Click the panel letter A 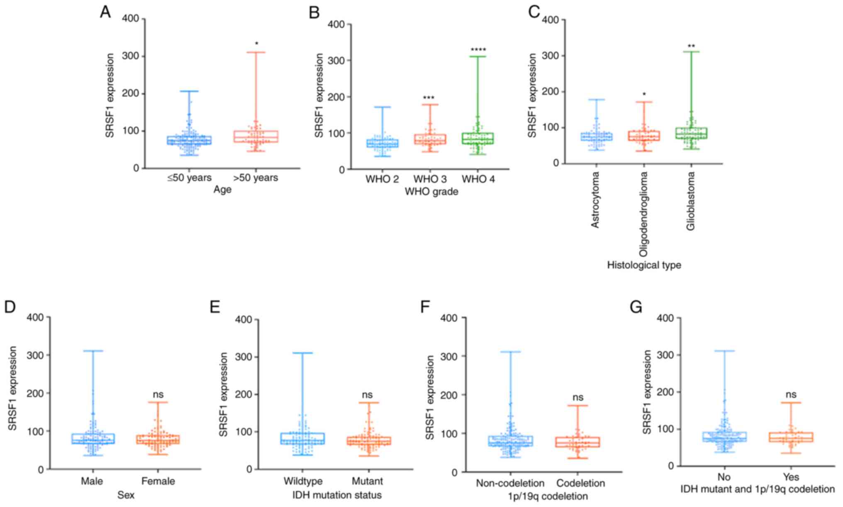(105, 12)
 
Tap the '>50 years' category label (256, 178)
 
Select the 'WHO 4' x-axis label (478, 179)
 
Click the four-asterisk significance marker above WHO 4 (478, 50)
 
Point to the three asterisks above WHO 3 (429, 98)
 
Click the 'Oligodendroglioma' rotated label (643, 214)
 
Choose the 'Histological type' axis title (644, 265)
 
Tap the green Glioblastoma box (692, 133)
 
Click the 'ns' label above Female (158, 394)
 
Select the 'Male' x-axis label (92, 481)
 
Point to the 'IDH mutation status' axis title (337, 495)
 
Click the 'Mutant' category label (367, 481)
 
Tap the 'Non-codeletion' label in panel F (510, 483)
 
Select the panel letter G (636, 307)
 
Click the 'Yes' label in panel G (792, 477)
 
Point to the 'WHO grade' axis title (431, 192)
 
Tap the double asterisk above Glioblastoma (691, 46)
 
